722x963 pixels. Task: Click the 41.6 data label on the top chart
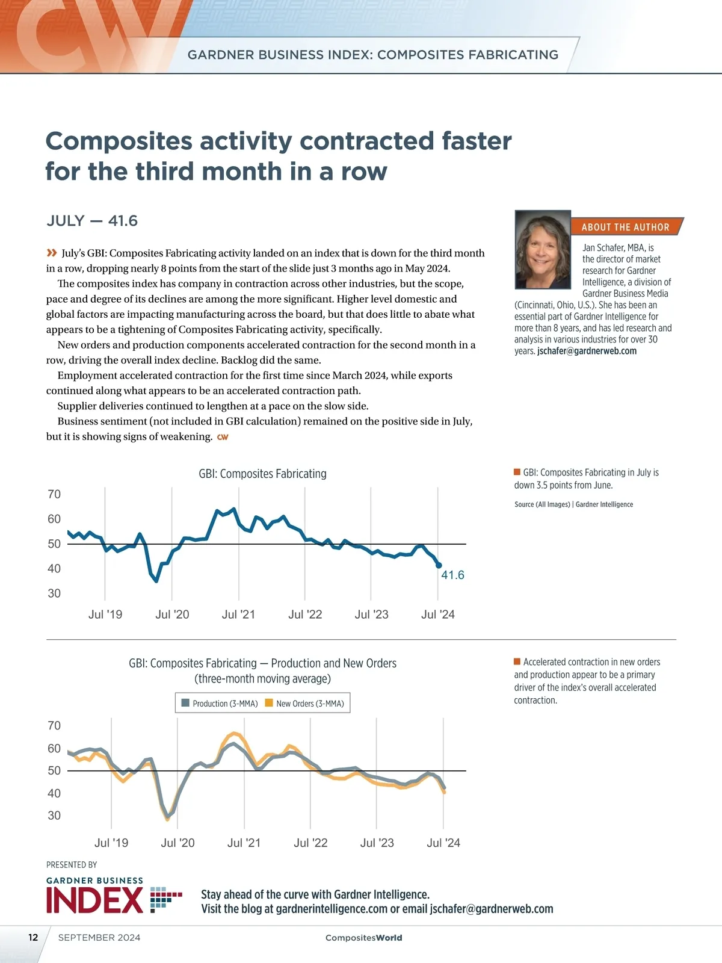(x=452, y=575)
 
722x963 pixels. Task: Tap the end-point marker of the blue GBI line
(x=439, y=565)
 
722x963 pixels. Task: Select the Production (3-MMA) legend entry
(x=220, y=703)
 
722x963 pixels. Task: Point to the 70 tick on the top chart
(x=54, y=494)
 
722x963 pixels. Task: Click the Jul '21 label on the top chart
(x=238, y=615)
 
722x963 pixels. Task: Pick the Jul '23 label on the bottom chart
(x=377, y=843)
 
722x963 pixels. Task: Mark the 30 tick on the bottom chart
(x=54, y=816)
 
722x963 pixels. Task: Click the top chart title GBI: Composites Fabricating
(x=262, y=474)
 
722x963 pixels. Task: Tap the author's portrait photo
(x=543, y=250)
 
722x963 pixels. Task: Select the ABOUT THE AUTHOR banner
(x=625, y=227)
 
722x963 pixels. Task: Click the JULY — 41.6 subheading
(x=92, y=221)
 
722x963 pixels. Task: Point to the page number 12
(x=33, y=937)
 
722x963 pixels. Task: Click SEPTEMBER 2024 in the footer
(x=99, y=937)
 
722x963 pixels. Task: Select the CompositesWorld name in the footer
(x=363, y=938)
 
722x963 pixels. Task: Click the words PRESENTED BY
(x=72, y=865)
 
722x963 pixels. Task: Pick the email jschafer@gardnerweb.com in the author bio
(x=587, y=351)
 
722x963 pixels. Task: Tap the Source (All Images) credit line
(x=573, y=504)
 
